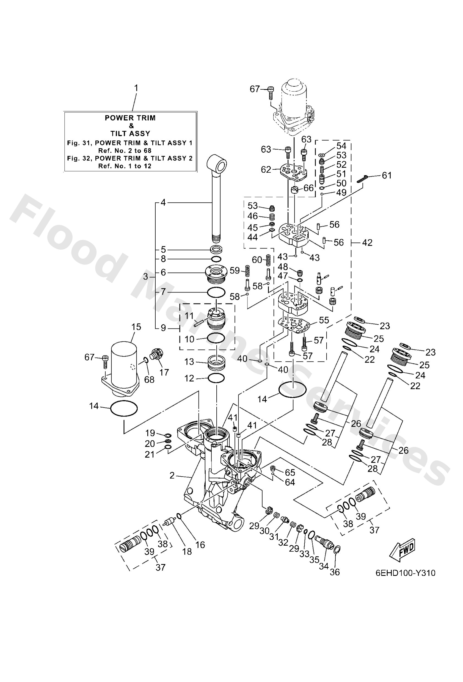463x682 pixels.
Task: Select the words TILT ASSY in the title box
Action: tap(130, 134)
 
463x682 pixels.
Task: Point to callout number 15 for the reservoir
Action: tap(136, 327)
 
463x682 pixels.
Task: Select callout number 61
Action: tap(387, 175)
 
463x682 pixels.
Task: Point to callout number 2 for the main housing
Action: tap(172, 475)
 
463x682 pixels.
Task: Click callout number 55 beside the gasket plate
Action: tap(324, 320)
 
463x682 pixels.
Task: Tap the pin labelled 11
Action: tap(201, 321)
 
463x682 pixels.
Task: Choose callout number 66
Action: tap(308, 188)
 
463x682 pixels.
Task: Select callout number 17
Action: tap(164, 372)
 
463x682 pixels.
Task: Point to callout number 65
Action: tap(290, 473)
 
